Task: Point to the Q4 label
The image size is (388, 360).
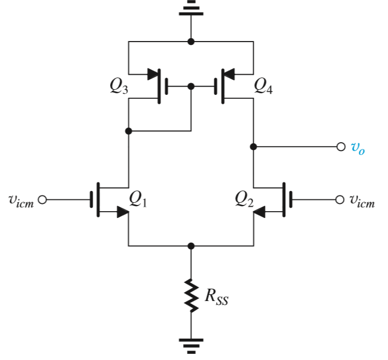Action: (263, 85)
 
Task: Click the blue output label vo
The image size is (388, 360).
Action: (358, 148)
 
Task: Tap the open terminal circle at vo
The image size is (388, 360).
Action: (340, 147)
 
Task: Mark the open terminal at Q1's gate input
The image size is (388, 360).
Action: (42, 199)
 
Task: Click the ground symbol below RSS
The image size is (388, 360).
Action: (191, 344)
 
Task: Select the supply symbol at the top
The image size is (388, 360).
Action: (191, 10)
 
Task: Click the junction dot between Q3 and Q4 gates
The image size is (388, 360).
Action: (191, 87)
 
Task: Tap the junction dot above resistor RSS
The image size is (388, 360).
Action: (191, 246)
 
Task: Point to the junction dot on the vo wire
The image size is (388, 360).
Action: (253, 147)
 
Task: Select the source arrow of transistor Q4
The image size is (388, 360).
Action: (230, 74)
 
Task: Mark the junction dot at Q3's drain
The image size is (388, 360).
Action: (129, 131)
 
